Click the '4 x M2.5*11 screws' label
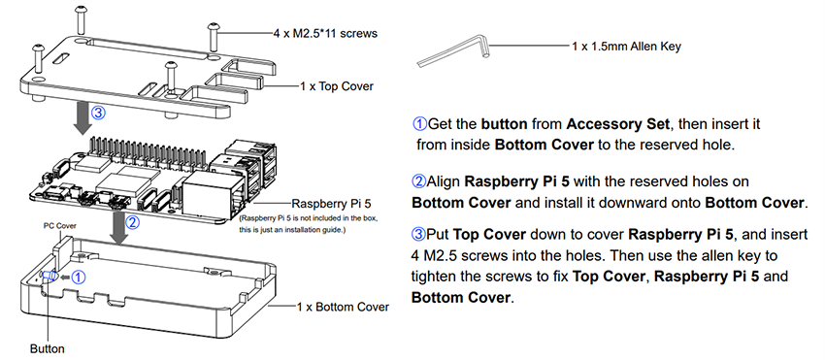point(324,33)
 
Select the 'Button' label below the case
point(47,346)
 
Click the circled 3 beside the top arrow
point(98,112)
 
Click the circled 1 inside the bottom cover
point(81,276)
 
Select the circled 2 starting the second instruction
point(419,181)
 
